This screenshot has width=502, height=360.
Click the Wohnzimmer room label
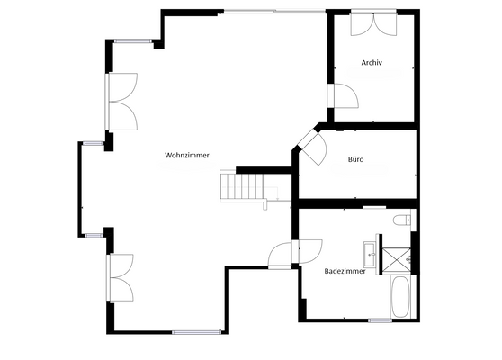tap(187, 156)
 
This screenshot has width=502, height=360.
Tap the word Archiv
tap(372, 63)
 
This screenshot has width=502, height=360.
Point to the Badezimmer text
tap(345, 270)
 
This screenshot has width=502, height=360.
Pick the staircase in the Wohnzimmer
tap(243, 187)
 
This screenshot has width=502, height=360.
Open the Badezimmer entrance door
tap(306, 250)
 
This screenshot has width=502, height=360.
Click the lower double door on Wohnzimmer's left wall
tap(120, 277)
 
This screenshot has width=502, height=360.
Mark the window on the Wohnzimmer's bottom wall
tap(196, 332)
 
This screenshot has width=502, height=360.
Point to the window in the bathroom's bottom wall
tap(380, 319)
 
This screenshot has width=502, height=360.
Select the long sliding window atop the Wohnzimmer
tap(274, 12)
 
